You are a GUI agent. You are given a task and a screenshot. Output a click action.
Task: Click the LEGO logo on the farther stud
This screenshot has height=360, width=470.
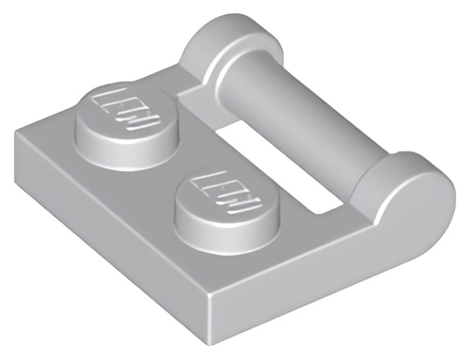125,109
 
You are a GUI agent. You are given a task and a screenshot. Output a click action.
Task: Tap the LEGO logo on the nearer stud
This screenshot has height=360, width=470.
227,193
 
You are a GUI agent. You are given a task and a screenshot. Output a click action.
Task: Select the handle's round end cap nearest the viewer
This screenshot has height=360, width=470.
407,188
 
